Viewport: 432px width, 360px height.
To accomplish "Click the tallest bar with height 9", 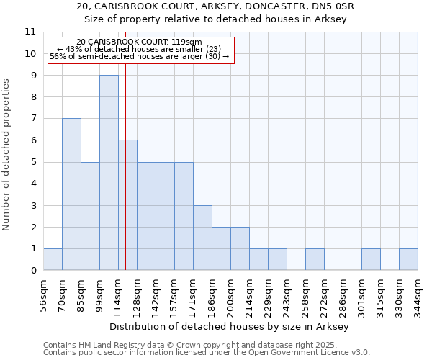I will click(x=109, y=173).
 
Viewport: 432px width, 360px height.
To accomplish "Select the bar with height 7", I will click(x=71, y=194).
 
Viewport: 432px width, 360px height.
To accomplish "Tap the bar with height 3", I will click(x=202, y=238).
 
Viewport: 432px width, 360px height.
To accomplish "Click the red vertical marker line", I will click(x=125, y=180).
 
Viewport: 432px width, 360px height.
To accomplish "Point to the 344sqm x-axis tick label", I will click(x=418, y=294).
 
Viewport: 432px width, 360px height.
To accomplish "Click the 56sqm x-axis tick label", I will click(x=43, y=294).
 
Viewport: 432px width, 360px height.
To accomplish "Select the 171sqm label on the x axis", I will click(x=193, y=294).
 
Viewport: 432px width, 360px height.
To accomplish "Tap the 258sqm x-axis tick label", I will click(x=305, y=294).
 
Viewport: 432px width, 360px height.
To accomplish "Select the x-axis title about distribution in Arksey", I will click(x=230, y=326).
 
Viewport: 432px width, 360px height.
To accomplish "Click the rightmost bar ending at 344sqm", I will click(x=408, y=259).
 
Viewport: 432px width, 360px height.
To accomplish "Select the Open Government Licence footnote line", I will click(x=207, y=352).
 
